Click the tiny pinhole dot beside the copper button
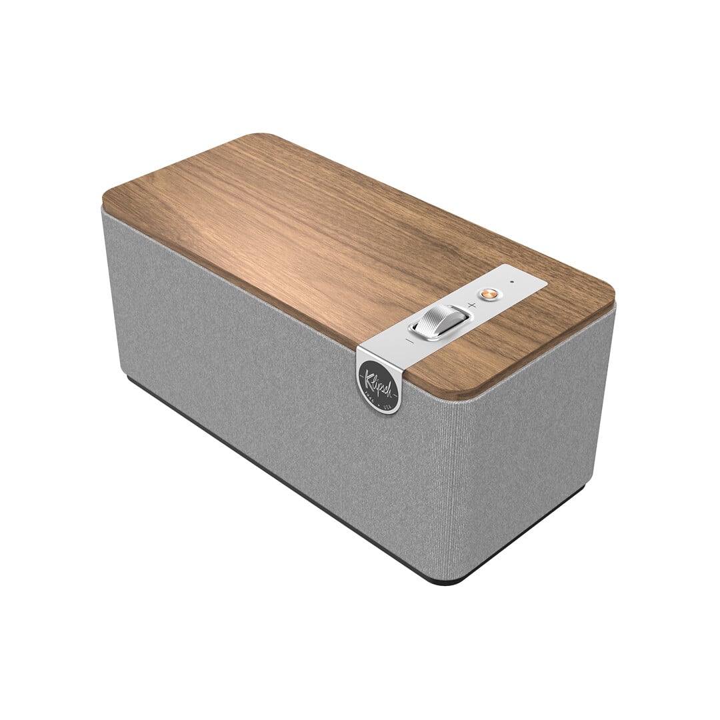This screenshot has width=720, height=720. (512, 282)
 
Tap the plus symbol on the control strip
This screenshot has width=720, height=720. (471, 305)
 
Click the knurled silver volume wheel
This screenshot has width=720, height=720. (441, 321)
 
